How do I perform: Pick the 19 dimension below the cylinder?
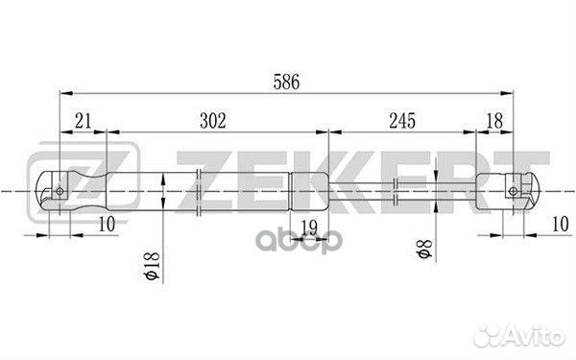click(x=308, y=227)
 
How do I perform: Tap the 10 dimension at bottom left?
click(x=107, y=224)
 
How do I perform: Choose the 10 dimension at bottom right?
click(x=557, y=224)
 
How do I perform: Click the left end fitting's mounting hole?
click(x=60, y=190)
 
